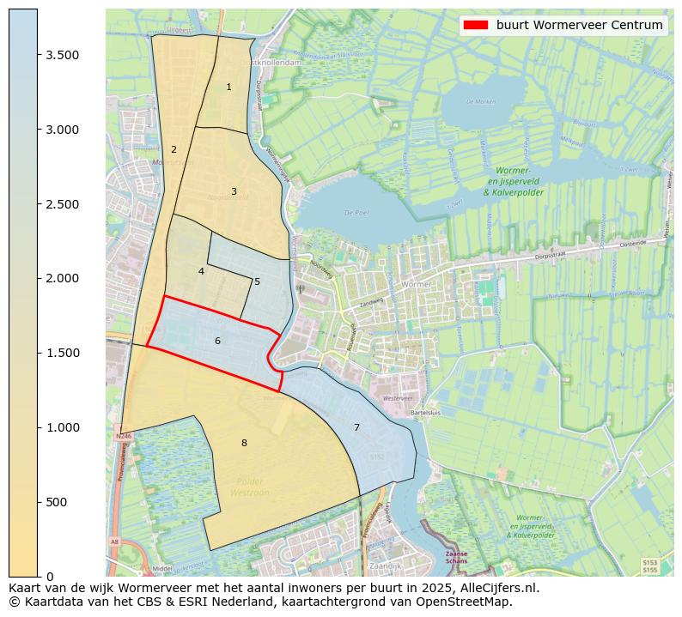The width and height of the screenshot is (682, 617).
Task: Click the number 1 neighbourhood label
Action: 228,88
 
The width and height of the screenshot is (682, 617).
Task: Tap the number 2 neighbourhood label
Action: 174,150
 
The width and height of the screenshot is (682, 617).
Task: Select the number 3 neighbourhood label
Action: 234,191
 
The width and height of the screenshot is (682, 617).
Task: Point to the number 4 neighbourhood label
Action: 201,271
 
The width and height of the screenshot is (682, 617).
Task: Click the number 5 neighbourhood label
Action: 257,281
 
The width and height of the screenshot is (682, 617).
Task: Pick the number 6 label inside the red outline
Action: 217,342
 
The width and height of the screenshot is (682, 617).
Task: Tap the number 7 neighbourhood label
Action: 356,427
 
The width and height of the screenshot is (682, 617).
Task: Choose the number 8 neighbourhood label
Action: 244,443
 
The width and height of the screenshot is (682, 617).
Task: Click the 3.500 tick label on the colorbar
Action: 62,55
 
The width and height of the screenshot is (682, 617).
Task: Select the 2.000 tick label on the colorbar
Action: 62,278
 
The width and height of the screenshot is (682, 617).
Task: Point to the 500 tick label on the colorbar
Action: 57,502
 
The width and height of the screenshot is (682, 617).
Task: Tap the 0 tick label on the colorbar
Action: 49,576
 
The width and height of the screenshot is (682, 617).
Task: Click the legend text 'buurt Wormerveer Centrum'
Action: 579,25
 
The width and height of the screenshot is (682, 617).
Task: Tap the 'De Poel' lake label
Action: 355,212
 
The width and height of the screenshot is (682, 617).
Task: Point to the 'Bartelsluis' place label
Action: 425,413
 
